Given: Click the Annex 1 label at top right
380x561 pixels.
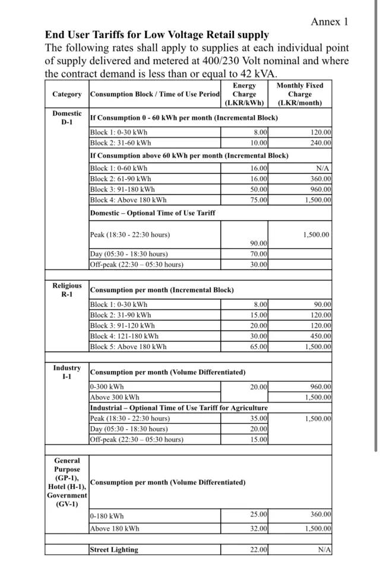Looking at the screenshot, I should [330, 22].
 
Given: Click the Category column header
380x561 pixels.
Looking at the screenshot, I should [67, 94].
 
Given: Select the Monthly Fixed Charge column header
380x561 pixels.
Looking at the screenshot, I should [300, 94].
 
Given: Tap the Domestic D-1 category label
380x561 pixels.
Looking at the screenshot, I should [67, 118].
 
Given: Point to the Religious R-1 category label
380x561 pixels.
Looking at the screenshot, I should [67, 290].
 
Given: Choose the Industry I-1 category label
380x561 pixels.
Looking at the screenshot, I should [67, 372].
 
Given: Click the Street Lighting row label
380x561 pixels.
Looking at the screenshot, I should [114, 550].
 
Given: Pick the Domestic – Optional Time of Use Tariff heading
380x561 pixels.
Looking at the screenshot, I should [153, 213].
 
